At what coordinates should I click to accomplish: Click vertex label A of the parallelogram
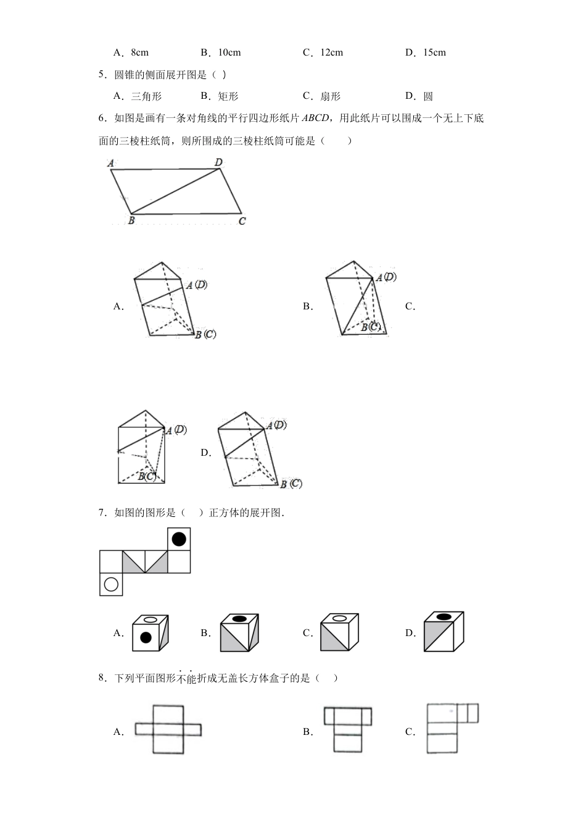(110, 164)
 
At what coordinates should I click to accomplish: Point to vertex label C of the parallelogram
(242, 220)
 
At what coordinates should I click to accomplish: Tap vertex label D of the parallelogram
(218, 162)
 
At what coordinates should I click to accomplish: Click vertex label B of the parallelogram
(131, 220)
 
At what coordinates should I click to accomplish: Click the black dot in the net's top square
(179, 539)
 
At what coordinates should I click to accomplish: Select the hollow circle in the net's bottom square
(111, 584)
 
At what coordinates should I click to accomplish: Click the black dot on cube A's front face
(146, 638)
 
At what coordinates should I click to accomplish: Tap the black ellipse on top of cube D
(443, 616)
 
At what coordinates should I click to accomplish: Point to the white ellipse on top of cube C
(339, 618)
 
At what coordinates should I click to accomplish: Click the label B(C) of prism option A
(205, 335)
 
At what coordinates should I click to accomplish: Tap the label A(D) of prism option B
(386, 277)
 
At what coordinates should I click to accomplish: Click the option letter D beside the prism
(205, 453)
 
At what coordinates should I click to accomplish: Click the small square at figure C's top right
(473, 713)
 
